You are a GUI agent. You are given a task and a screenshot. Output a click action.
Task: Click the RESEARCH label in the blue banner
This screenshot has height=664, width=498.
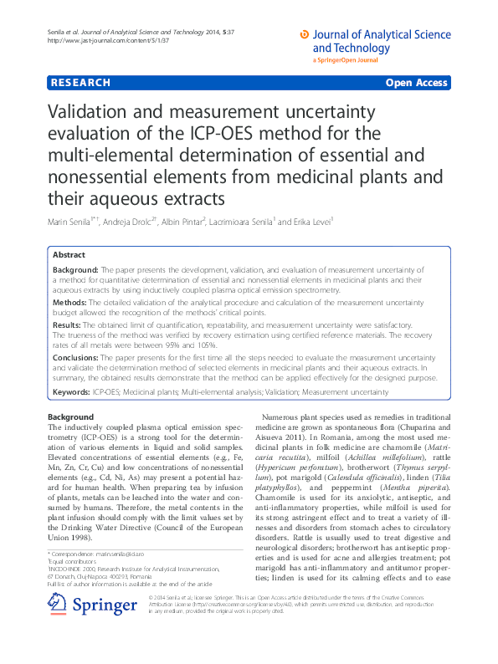coord(80,83)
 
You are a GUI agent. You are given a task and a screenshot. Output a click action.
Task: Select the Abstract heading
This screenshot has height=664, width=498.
coord(69,254)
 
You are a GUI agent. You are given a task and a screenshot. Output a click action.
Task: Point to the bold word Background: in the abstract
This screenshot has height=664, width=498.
coord(75,270)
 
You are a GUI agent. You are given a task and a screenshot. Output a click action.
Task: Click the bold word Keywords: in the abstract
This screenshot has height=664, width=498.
coord(72,391)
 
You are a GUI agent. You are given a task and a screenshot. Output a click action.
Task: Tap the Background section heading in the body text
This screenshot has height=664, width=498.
coord(70,416)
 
